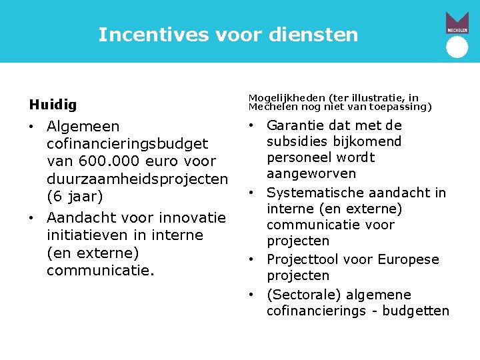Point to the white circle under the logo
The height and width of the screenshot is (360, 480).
[x=457, y=47]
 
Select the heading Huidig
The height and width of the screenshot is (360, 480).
[x=53, y=105]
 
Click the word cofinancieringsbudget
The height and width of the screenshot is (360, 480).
[x=127, y=144]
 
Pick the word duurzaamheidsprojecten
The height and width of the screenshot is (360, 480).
[x=137, y=179]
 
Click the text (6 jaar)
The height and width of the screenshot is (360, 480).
[x=75, y=197]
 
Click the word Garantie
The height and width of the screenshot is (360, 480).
[x=296, y=125]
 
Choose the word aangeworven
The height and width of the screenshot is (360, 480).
[x=311, y=173]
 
